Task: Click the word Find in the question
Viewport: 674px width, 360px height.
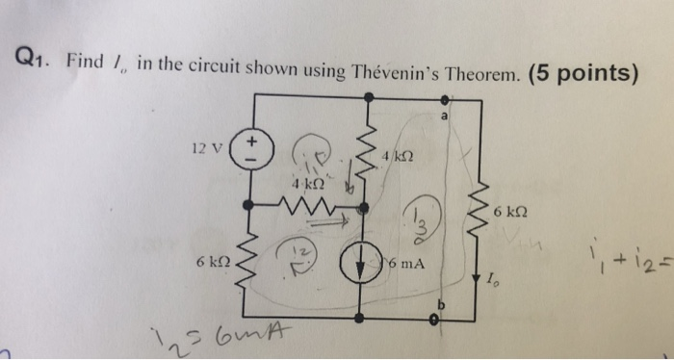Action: (88, 59)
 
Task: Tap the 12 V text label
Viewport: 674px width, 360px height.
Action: (207, 150)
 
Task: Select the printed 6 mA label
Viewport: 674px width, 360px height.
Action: (410, 263)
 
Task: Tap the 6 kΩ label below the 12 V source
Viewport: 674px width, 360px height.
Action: (212, 263)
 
